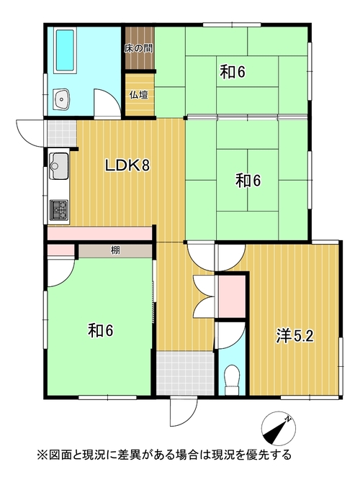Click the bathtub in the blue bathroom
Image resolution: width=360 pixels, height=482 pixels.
click(x=65, y=51)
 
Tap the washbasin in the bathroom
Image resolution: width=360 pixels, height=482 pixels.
click(x=62, y=99)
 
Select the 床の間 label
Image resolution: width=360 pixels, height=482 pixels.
click(x=139, y=49)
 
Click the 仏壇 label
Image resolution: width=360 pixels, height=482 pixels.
click(x=139, y=95)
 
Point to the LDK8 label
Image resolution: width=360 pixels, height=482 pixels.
click(x=127, y=166)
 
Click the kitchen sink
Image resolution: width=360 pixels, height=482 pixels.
click(x=59, y=166)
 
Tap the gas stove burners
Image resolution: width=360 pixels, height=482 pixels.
click(x=59, y=210)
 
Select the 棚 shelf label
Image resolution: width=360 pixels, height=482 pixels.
click(x=115, y=250)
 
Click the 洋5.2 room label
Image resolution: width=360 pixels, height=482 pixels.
click(x=294, y=336)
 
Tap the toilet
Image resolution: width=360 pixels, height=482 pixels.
click(x=231, y=380)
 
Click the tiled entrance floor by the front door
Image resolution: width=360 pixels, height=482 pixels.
click(x=185, y=373)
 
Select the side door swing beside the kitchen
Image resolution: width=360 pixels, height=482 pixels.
click(x=32, y=133)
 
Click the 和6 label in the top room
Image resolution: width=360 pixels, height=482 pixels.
click(x=233, y=72)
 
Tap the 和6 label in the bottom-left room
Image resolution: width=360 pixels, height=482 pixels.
click(x=101, y=330)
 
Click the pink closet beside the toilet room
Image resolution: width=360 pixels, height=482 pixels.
click(x=232, y=296)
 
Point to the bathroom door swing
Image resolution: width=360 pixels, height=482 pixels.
click(x=107, y=103)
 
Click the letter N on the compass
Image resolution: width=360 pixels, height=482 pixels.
click(x=288, y=419)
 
